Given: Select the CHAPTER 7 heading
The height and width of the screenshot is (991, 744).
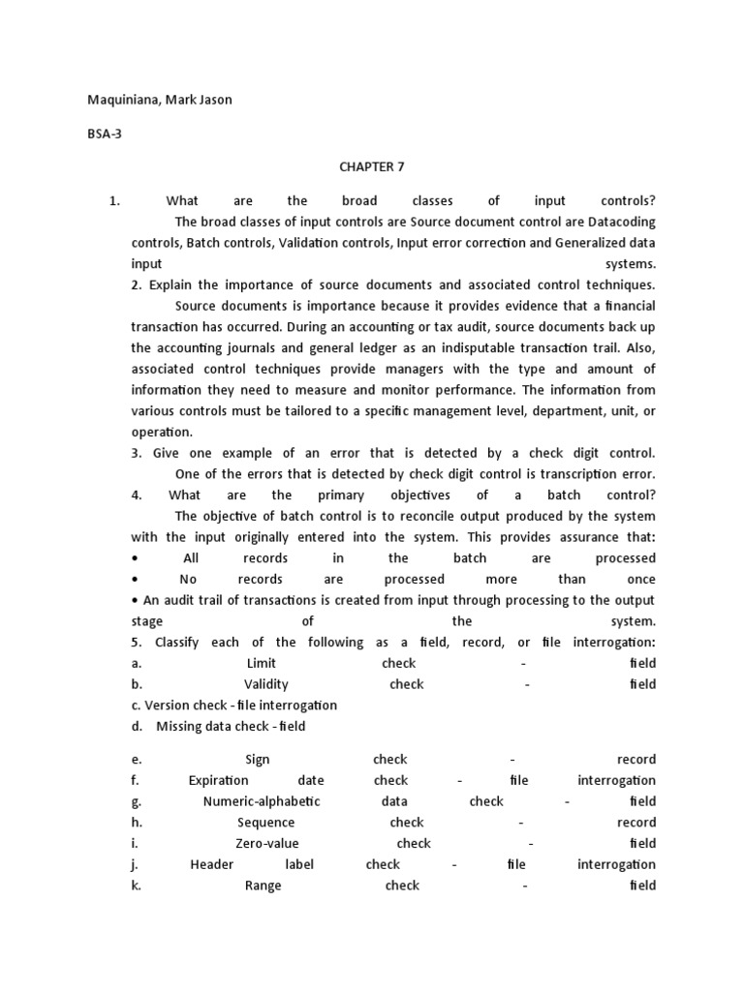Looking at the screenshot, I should pyautogui.click(x=372, y=166).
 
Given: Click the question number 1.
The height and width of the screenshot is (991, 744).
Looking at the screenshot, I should pyautogui.click(x=114, y=201).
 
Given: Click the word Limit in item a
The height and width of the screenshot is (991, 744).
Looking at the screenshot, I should pyautogui.click(x=262, y=663).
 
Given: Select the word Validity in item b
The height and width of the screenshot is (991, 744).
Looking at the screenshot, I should pyautogui.click(x=266, y=684).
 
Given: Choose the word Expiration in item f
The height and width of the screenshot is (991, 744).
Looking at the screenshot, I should pyautogui.click(x=218, y=780).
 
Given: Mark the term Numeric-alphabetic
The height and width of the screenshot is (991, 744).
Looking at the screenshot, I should pyautogui.click(x=262, y=801).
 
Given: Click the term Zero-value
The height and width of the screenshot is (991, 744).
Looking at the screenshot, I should pyautogui.click(x=265, y=843).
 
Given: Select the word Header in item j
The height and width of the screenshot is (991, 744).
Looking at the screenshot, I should pyautogui.click(x=211, y=864).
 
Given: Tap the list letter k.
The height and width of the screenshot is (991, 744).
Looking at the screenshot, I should pyautogui.click(x=136, y=886).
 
